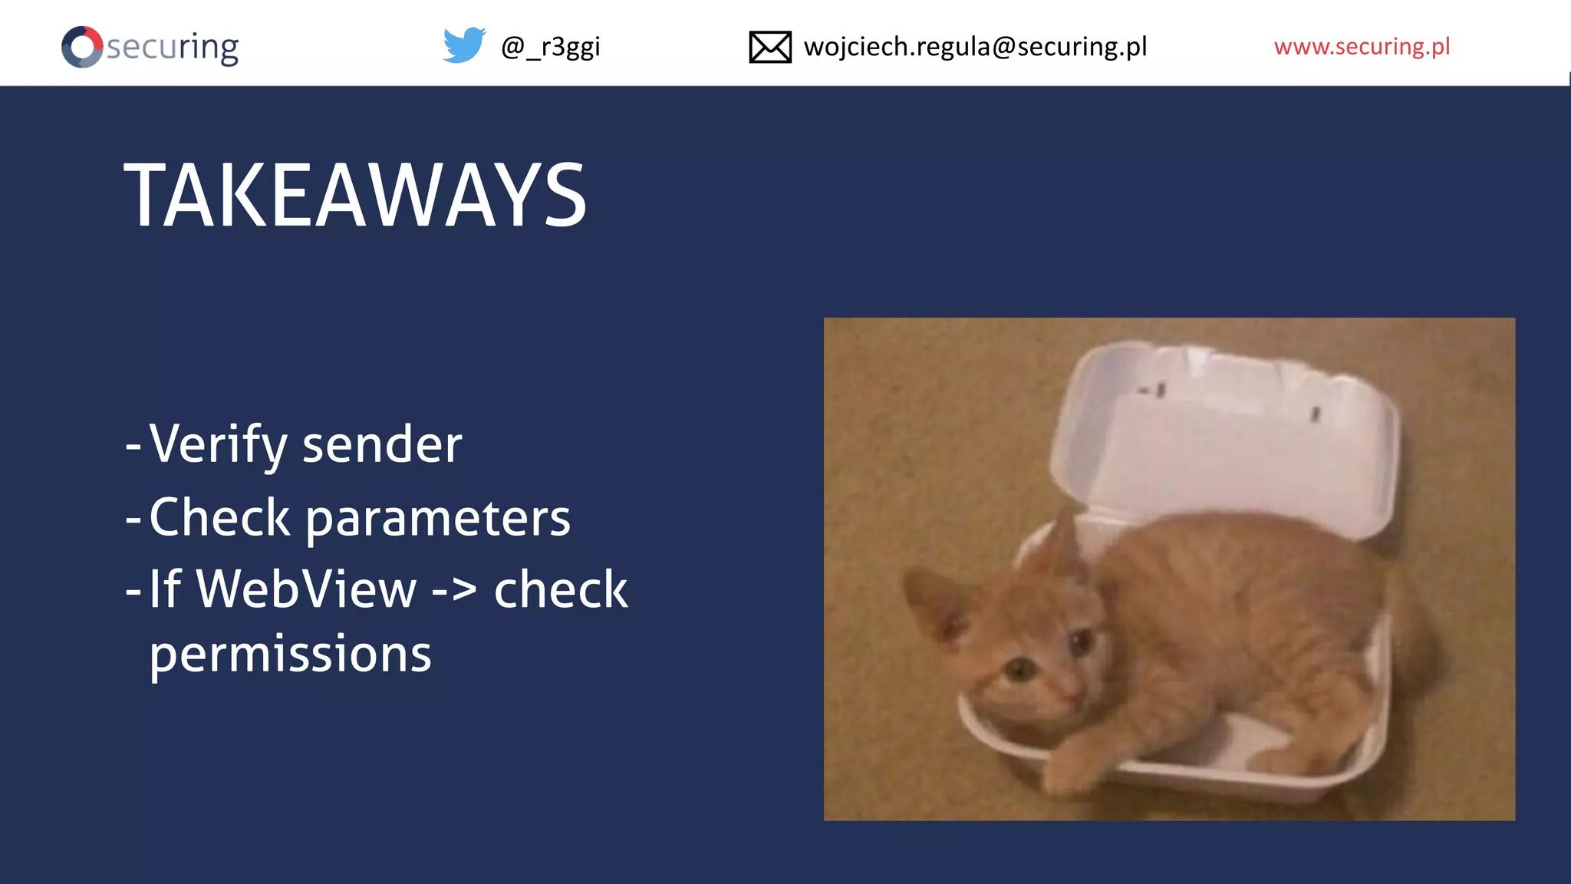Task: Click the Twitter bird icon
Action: (464, 45)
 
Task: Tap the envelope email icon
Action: (769, 47)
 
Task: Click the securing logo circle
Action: (82, 47)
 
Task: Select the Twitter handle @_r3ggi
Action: (550, 47)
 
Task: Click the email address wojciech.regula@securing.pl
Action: (975, 47)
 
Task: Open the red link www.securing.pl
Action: (1362, 47)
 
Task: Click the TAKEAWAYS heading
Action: (355, 196)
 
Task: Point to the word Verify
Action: (218, 444)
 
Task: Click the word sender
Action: (382, 445)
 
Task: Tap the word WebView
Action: (306, 589)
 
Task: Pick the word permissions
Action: (290, 655)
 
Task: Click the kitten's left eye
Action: (1020, 671)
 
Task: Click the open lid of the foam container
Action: (1227, 437)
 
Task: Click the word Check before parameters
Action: (219, 517)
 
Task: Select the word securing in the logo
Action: (172, 48)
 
